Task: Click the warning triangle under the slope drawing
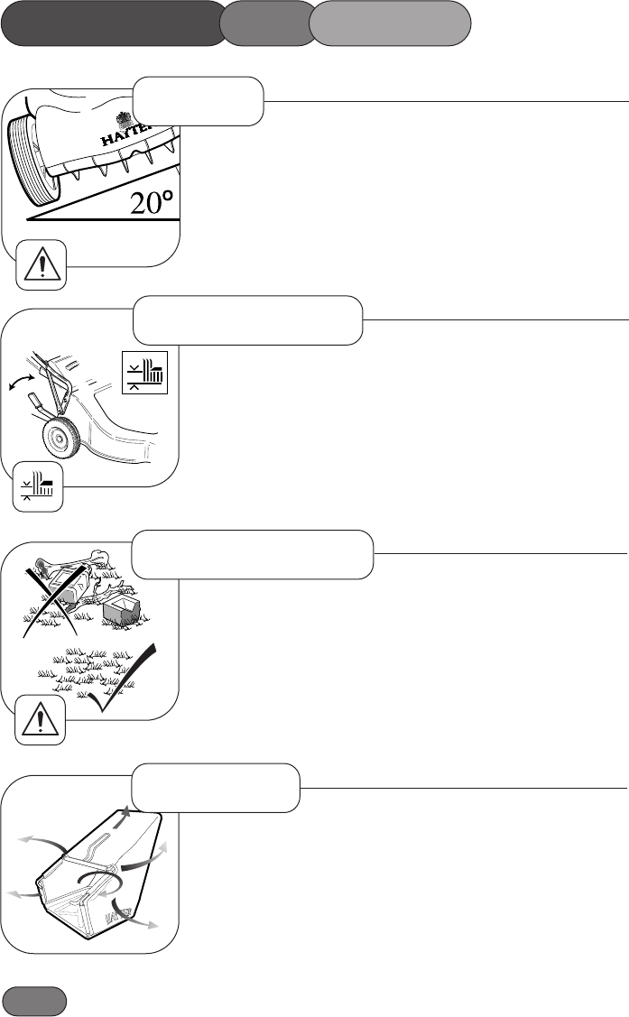coord(41,264)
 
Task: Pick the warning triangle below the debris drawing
coord(41,720)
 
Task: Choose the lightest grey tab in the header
coord(390,23)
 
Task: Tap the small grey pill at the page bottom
coord(34,1002)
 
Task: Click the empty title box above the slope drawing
coord(198,100)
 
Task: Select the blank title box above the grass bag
coord(216,787)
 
